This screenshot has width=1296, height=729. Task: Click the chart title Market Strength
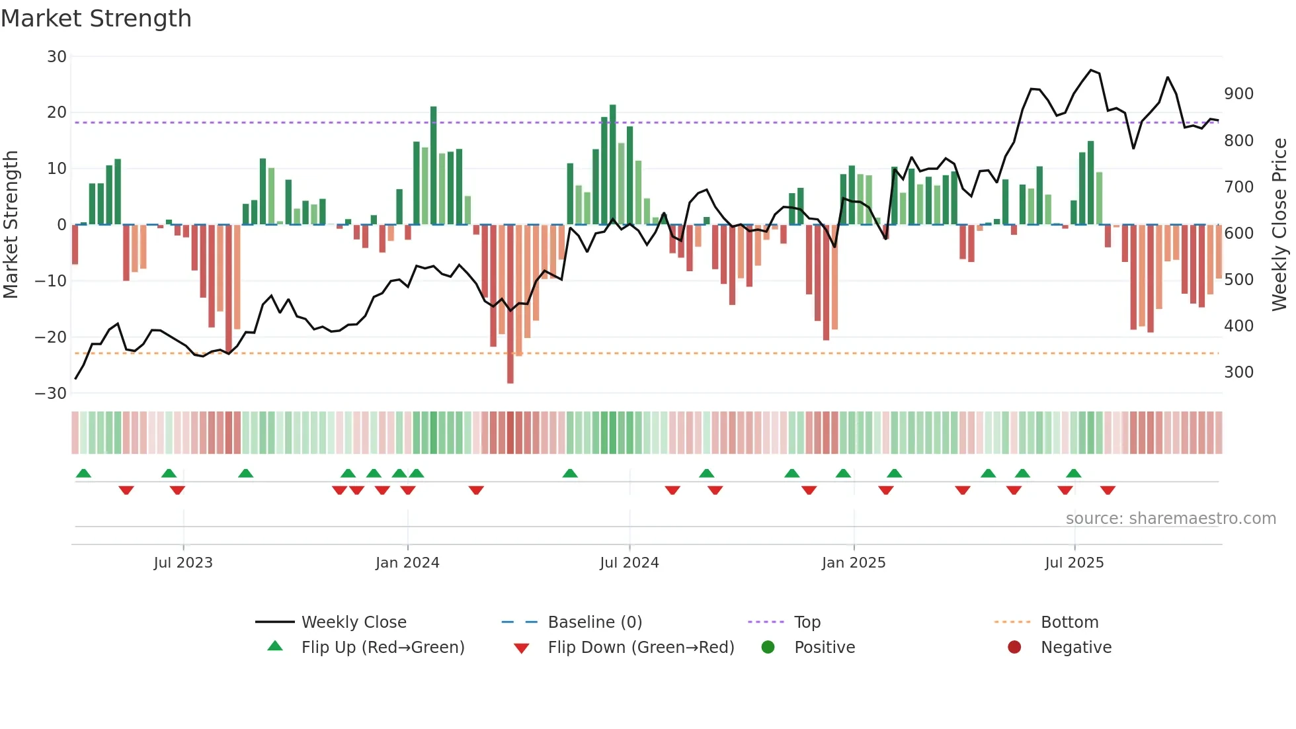96,19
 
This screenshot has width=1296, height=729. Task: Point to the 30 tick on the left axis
57,57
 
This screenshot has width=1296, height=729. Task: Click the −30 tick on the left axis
51,394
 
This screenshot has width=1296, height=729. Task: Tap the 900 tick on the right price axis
1238,94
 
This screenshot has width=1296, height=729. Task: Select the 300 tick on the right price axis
1238,372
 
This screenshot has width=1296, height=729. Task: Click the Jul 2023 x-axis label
183,563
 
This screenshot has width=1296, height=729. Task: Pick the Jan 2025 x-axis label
854,563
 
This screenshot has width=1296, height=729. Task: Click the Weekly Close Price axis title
1279,225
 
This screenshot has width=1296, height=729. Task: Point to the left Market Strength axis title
11,225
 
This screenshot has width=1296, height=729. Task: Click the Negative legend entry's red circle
1014,648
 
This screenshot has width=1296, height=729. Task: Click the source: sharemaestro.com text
1170,519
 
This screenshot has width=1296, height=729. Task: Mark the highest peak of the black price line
1091,70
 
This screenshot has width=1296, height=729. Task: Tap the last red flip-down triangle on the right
1108,490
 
